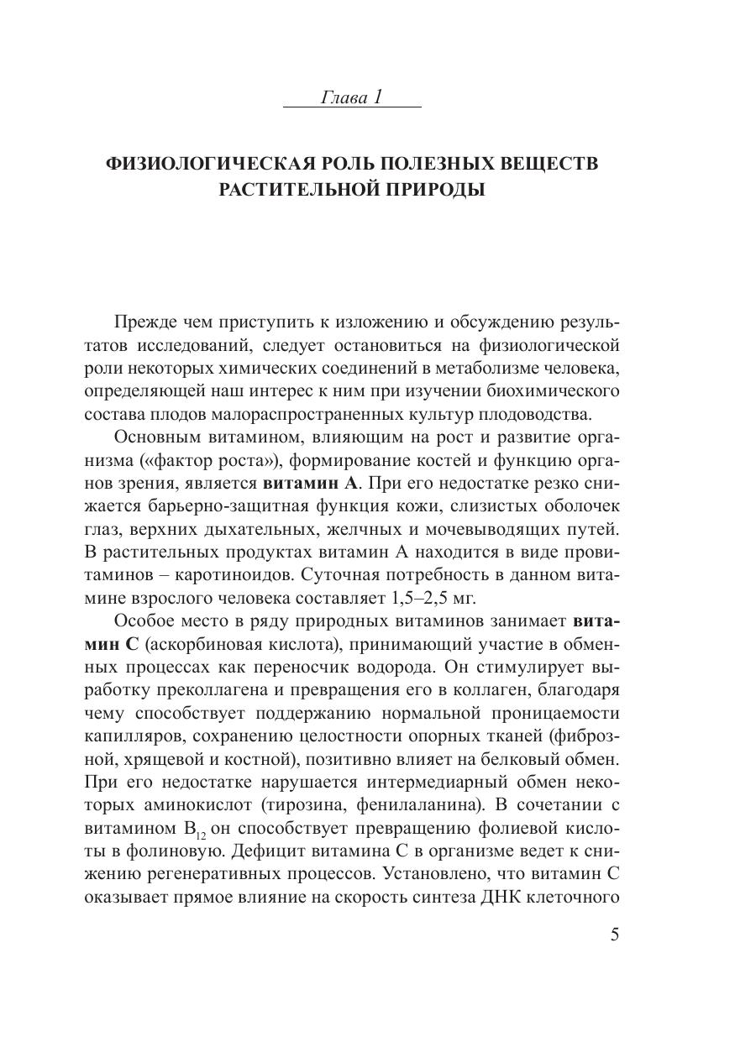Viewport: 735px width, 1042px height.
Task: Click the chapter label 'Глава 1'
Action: pyautogui.click(x=352, y=98)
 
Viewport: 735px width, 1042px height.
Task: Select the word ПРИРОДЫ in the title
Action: pyautogui.click(x=437, y=190)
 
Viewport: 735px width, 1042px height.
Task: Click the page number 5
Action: pyautogui.click(x=615, y=935)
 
